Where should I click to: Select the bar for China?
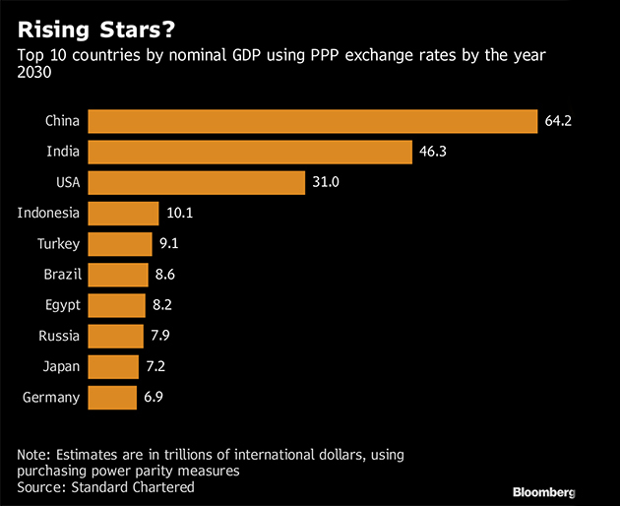(313, 121)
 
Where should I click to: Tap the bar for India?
(250, 152)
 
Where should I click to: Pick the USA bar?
(196, 182)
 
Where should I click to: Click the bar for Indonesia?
(123, 213)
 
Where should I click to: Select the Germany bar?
(112, 397)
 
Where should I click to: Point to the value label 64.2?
(558, 121)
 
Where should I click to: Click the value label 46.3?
(432, 152)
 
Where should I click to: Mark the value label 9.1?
(169, 244)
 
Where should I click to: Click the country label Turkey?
(59, 244)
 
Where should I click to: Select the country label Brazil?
(61, 275)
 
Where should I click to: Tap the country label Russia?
(60, 336)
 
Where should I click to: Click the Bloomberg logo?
(543, 490)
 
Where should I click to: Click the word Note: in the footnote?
(35, 455)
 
